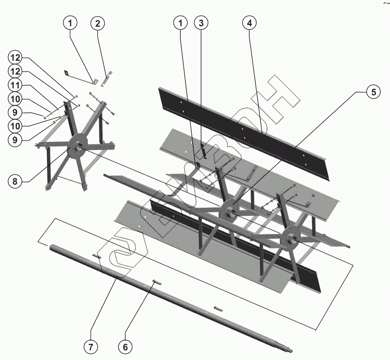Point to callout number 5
tap(373, 92)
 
